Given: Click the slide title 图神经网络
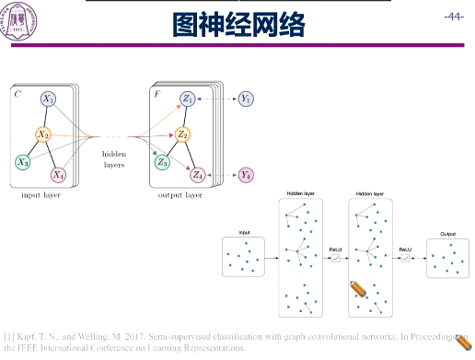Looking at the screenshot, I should (238, 25).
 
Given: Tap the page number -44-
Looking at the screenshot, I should (453, 17).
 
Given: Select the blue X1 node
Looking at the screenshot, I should (48, 99).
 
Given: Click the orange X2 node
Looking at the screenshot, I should (42, 134).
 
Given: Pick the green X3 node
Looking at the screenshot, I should (22, 162).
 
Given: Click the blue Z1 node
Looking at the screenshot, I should (188, 98).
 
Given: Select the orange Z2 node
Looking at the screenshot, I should (182, 134).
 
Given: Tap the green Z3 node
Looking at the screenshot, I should (163, 162).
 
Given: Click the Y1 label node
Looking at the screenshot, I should (246, 98).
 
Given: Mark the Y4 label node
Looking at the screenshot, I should (246, 174).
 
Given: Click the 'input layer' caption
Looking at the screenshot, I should (41, 195).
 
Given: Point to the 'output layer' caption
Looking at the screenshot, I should (180, 195).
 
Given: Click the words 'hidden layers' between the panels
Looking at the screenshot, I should (114, 159).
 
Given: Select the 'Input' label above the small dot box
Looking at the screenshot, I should (244, 233).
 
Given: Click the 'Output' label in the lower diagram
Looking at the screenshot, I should (447, 234).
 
